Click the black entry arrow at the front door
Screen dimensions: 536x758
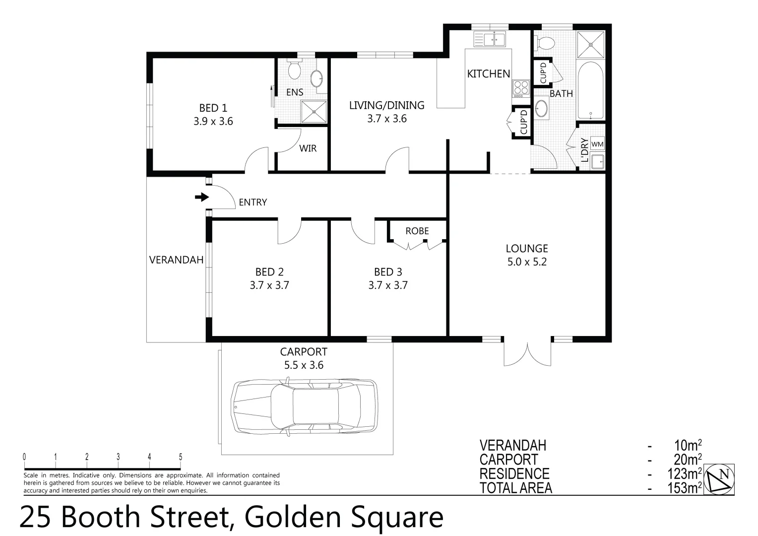[201, 198]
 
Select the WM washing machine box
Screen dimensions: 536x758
[597, 144]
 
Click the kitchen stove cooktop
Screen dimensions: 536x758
[521, 89]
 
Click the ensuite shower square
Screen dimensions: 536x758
[314, 111]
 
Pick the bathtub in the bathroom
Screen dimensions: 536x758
[591, 90]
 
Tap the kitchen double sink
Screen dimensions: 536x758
[489, 38]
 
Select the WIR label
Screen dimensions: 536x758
[308, 148]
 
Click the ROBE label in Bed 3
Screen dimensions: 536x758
[417, 231]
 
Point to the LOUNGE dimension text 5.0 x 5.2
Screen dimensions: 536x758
[527, 262]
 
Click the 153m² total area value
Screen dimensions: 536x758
[684, 488]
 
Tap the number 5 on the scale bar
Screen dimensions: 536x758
[181, 457]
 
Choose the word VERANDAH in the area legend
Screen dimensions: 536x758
[512, 445]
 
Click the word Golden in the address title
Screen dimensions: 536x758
[293, 518]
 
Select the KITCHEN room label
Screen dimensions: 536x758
[488, 73]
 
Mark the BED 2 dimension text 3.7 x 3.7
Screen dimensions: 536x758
[269, 285]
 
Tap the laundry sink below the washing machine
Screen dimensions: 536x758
[597, 160]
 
